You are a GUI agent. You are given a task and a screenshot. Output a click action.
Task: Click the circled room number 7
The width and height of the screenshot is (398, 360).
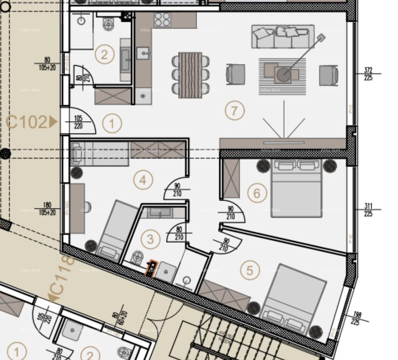pos(235,111)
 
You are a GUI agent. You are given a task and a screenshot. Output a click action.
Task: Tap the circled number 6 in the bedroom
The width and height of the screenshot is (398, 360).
pos(257,193)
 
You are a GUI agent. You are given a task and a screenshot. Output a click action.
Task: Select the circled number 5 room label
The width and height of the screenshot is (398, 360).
pos(250,271)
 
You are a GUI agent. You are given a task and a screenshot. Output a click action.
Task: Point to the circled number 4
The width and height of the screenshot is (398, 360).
pos(143,180)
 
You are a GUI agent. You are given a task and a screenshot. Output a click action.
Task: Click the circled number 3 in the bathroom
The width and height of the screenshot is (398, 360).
pos(151,239)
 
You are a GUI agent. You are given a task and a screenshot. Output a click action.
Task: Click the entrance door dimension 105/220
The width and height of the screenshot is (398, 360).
pos(78,122)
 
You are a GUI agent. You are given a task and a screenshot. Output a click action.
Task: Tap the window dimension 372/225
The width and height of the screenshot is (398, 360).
pos(368,74)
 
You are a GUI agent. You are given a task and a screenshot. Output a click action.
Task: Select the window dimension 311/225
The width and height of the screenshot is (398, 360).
pos(368,210)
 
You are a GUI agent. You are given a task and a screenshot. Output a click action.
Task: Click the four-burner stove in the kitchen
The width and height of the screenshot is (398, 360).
pos(163,20)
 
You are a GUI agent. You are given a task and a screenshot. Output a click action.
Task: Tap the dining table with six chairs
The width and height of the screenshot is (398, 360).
pos(190,75)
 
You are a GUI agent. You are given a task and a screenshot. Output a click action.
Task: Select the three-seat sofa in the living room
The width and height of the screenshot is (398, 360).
pos(283,37)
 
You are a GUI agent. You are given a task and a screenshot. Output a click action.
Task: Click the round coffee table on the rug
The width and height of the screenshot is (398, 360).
pos(284,74)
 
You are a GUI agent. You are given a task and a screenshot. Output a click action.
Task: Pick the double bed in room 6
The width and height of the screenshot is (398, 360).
pos(297,187)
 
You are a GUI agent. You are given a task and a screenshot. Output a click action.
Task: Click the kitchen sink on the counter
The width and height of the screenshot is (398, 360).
pos(143,52)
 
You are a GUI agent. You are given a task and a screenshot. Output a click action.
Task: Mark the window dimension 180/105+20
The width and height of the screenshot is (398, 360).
pos(47,209)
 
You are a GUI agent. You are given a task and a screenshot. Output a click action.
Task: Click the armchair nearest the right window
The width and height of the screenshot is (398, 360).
pos(329,75)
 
